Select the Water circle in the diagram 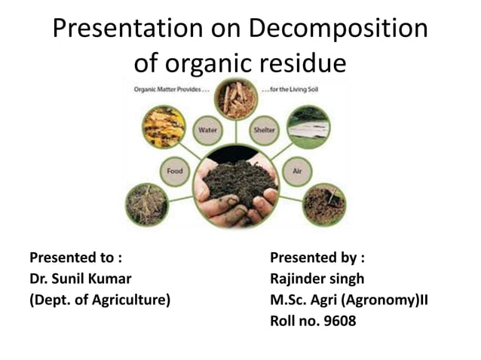coord(208,130)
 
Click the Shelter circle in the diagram coord(265,130)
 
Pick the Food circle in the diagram coord(174,171)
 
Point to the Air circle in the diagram coord(297,171)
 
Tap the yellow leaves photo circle coord(164,127)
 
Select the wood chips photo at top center coord(236,99)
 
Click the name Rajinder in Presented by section coord(300,278)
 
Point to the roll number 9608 coord(338,321)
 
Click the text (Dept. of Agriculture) coord(100,299)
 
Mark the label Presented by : coord(317,257)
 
